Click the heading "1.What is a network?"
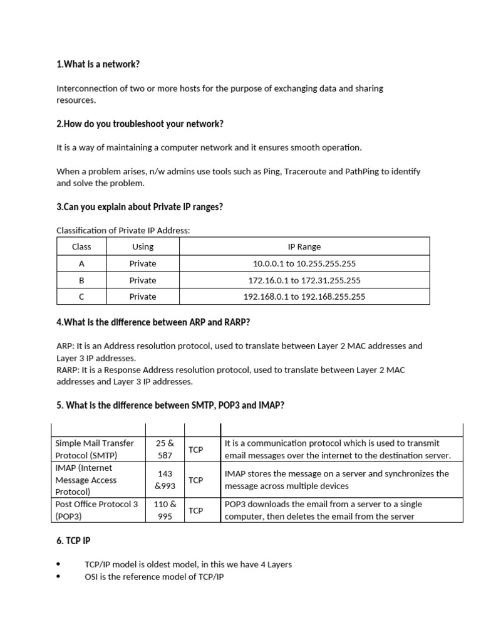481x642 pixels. coord(98,65)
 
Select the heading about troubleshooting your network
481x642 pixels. coord(140,124)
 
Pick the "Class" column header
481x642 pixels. coord(81,247)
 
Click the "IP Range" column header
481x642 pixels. coord(304,247)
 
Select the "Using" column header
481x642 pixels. coord(143,247)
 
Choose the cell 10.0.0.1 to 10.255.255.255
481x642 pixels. coord(304,264)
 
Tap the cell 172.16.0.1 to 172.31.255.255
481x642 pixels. coord(304,280)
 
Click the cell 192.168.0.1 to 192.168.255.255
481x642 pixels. coord(304,297)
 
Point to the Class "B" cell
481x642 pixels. coord(81,280)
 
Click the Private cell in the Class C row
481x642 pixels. coord(143,297)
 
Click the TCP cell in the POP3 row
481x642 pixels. coord(196,510)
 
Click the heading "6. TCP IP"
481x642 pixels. coord(76,540)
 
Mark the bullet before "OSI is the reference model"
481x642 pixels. coord(59,576)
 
